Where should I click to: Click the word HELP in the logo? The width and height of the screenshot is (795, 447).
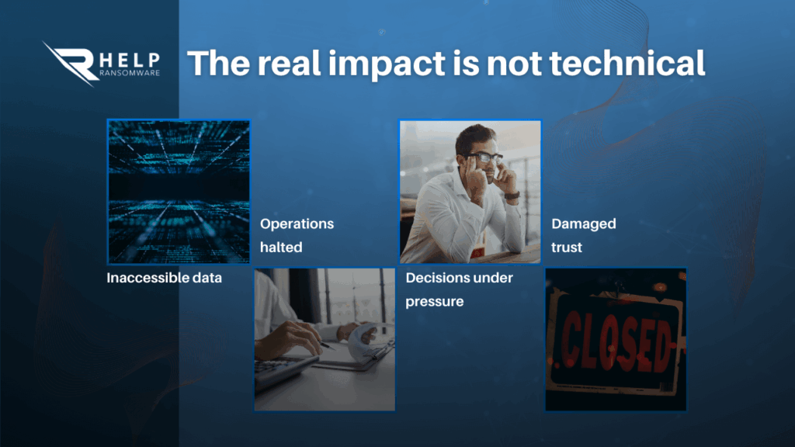point(130,60)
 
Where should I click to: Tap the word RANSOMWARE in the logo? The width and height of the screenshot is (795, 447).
point(130,72)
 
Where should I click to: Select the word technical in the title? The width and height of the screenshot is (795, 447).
point(627,63)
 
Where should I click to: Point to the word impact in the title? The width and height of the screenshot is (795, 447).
point(387,64)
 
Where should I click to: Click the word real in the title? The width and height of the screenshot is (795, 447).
point(289,63)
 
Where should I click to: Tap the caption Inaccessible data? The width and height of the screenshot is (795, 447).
point(165,278)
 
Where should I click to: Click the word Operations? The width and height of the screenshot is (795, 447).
point(297,224)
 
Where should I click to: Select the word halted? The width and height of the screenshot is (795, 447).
point(281,248)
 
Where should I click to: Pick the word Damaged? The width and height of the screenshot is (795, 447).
point(584,224)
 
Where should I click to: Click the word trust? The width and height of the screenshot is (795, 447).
point(566,248)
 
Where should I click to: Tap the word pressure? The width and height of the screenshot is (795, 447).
point(435,302)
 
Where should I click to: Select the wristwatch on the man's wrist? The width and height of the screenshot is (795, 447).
point(512,196)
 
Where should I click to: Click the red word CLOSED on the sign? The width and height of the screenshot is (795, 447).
point(616,341)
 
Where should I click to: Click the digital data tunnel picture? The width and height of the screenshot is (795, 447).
point(179,192)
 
